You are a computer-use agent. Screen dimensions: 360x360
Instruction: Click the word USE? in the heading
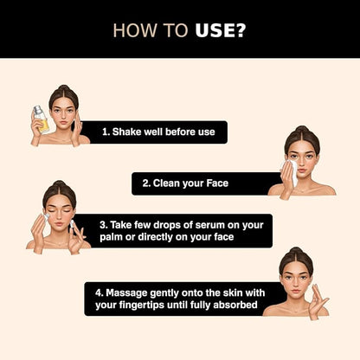pos(221,30)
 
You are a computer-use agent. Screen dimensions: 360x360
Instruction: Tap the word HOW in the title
pos(136,30)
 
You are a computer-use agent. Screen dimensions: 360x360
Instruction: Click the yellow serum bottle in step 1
pos(41,119)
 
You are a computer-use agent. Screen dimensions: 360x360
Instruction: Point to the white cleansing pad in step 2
pos(292,171)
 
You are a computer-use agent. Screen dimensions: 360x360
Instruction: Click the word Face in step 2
pos(217,183)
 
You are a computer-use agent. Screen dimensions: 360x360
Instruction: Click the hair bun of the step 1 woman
pos(63,88)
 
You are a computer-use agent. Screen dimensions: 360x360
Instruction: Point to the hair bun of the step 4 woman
pos(296,250)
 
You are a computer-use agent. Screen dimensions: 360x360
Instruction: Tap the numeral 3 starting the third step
pos(102,225)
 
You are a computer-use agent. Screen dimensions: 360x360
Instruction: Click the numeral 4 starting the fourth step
pos(99,293)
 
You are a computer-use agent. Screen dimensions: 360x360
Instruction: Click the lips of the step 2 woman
pos(302,171)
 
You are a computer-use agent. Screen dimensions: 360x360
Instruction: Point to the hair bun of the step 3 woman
pos(60,183)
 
